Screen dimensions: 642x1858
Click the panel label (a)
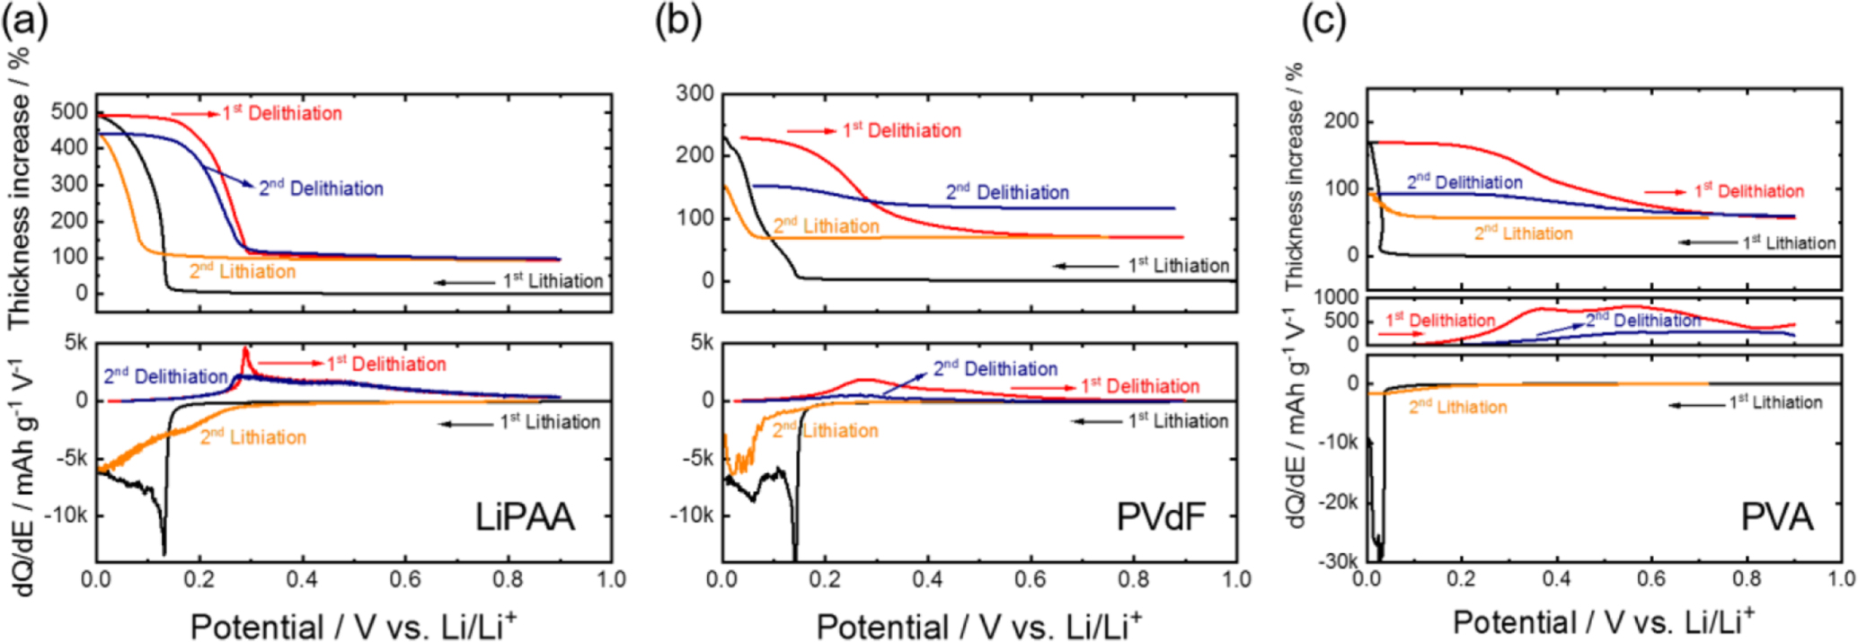click(24, 21)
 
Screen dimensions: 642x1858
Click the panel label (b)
click(677, 21)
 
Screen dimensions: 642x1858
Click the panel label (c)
click(1324, 21)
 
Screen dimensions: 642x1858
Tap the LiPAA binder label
click(525, 517)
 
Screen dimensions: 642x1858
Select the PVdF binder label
click(1160, 517)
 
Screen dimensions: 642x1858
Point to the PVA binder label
click(1776, 518)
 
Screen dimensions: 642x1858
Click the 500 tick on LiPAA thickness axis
click(70, 111)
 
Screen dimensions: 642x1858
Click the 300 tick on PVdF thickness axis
click(695, 93)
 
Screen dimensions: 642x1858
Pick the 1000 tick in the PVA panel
click(1337, 297)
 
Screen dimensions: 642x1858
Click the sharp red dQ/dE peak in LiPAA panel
click(244, 350)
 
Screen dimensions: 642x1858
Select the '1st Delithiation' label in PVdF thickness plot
click(901, 131)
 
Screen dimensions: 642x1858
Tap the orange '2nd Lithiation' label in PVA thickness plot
click(1523, 234)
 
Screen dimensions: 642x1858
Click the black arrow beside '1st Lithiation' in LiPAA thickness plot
click(464, 282)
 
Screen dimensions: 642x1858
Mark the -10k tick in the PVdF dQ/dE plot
click(693, 515)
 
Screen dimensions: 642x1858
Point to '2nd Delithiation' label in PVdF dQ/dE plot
click(995, 369)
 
